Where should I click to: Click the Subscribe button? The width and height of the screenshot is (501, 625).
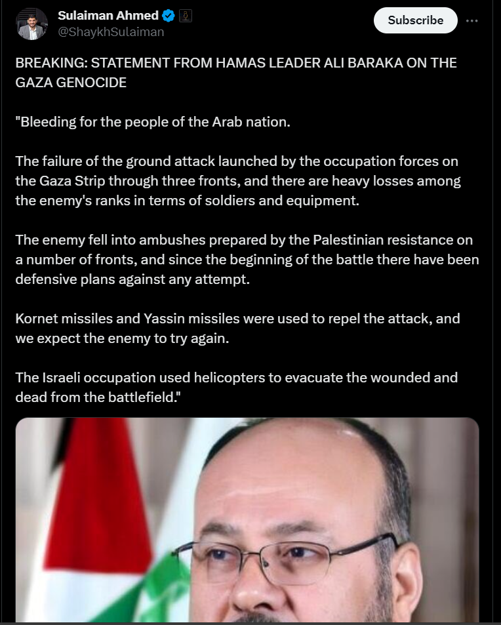[x=415, y=20]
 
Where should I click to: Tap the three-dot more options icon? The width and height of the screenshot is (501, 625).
[x=471, y=20]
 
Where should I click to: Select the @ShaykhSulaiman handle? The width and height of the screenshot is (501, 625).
[x=111, y=31]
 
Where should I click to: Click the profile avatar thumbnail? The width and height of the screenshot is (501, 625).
[x=32, y=24]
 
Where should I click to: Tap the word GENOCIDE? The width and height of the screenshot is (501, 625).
[x=90, y=83]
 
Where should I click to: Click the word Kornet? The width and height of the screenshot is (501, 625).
[x=36, y=319]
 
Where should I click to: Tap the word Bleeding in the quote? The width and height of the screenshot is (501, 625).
[x=47, y=122]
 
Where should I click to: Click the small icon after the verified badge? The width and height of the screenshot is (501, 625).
[x=185, y=15]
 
